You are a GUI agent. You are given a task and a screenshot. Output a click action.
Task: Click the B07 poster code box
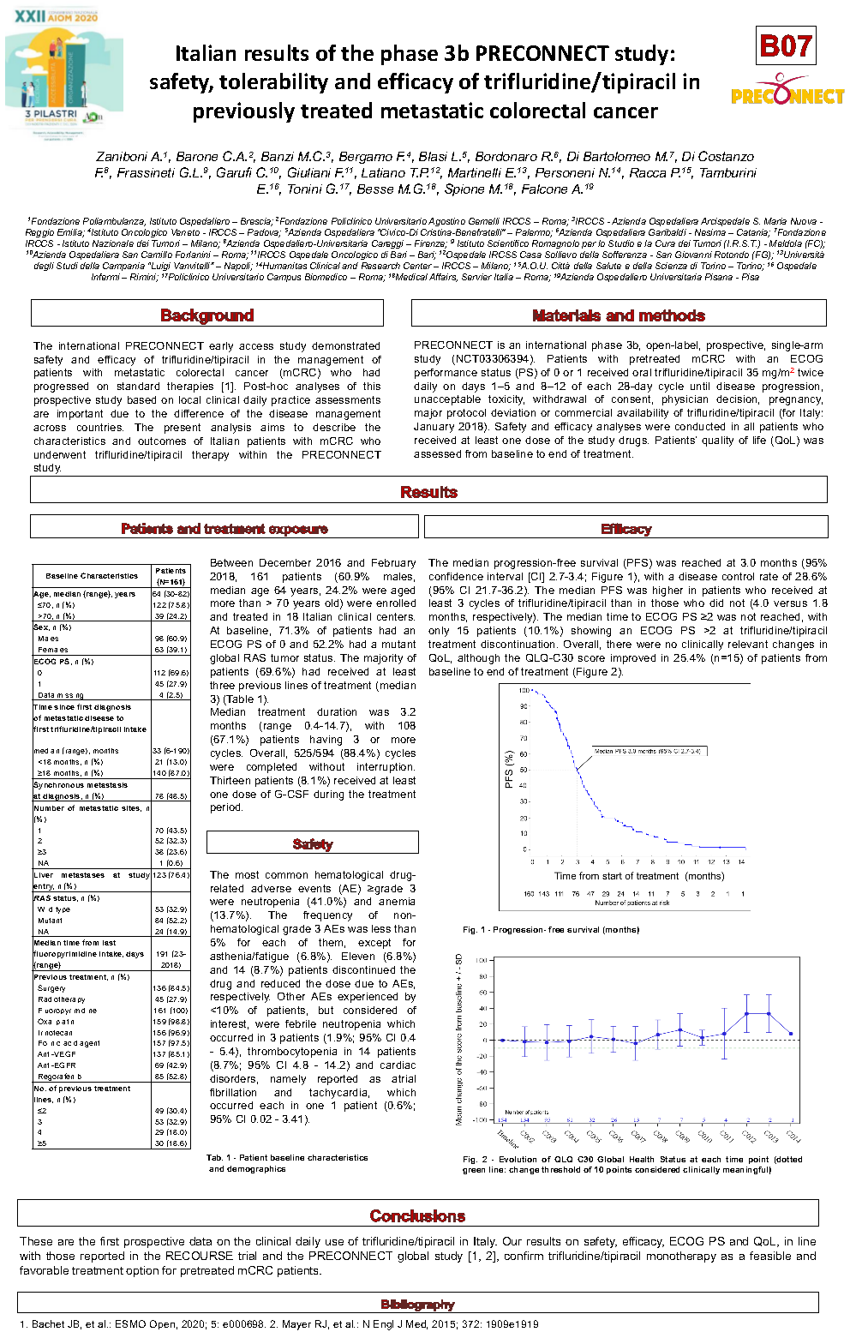point(786,45)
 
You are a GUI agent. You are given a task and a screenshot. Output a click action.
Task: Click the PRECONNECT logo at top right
point(787,94)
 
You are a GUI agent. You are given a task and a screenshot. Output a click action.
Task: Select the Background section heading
point(207,315)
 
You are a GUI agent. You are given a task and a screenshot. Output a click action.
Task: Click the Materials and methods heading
point(619,315)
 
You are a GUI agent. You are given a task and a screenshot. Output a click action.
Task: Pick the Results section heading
point(428,492)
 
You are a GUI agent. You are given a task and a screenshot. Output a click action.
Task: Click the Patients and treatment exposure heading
point(224,529)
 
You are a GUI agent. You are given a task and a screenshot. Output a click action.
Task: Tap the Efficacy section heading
point(626,529)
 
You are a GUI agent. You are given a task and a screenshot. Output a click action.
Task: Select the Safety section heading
point(312,844)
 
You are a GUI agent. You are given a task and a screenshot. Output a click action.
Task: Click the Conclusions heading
point(417,1215)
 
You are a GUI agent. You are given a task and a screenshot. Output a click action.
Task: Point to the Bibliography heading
point(417,1305)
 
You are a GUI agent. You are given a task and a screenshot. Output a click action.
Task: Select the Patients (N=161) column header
point(171,576)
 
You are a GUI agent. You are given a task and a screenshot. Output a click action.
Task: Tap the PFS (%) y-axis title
point(509,770)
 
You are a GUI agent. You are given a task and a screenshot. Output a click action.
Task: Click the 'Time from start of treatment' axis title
point(638,876)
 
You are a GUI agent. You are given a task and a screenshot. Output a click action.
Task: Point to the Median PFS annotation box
point(649,751)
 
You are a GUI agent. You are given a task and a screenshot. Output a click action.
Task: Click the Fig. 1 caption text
point(551,930)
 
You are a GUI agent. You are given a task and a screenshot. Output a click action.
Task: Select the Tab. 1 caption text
point(287,1163)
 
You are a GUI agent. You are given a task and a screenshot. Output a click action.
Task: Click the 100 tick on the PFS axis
point(524,691)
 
